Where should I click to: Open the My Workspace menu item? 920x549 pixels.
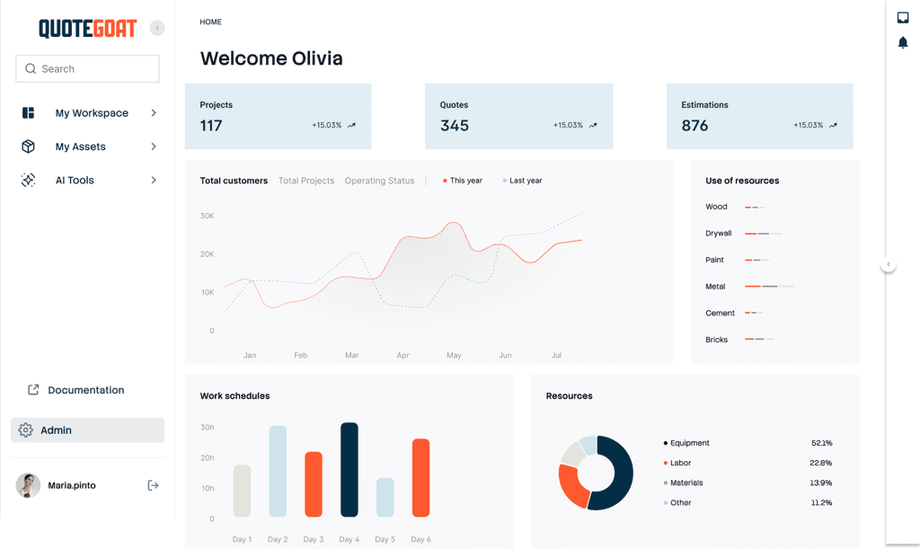point(91,113)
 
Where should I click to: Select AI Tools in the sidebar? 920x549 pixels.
point(75,181)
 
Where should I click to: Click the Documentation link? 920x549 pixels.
point(85,390)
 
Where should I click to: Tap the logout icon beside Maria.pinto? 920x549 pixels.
point(153,485)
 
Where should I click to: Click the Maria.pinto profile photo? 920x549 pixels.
point(28,485)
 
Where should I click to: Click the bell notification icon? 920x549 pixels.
point(903,42)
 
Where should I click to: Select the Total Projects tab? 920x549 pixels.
point(306,181)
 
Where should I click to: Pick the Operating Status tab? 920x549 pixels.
point(379,181)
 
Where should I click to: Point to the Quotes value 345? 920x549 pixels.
point(455,126)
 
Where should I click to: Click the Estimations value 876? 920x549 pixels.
point(694,126)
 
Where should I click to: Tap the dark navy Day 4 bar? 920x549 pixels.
point(349,470)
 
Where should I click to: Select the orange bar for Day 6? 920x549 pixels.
point(420,477)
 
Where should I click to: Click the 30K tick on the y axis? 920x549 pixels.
point(207,217)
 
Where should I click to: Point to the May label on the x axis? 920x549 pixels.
point(454,356)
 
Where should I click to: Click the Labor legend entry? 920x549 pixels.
point(680,463)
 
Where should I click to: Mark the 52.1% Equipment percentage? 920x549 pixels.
point(821,443)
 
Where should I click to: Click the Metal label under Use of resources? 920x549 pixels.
point(715,287)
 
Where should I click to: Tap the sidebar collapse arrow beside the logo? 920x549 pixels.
point(157,28)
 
